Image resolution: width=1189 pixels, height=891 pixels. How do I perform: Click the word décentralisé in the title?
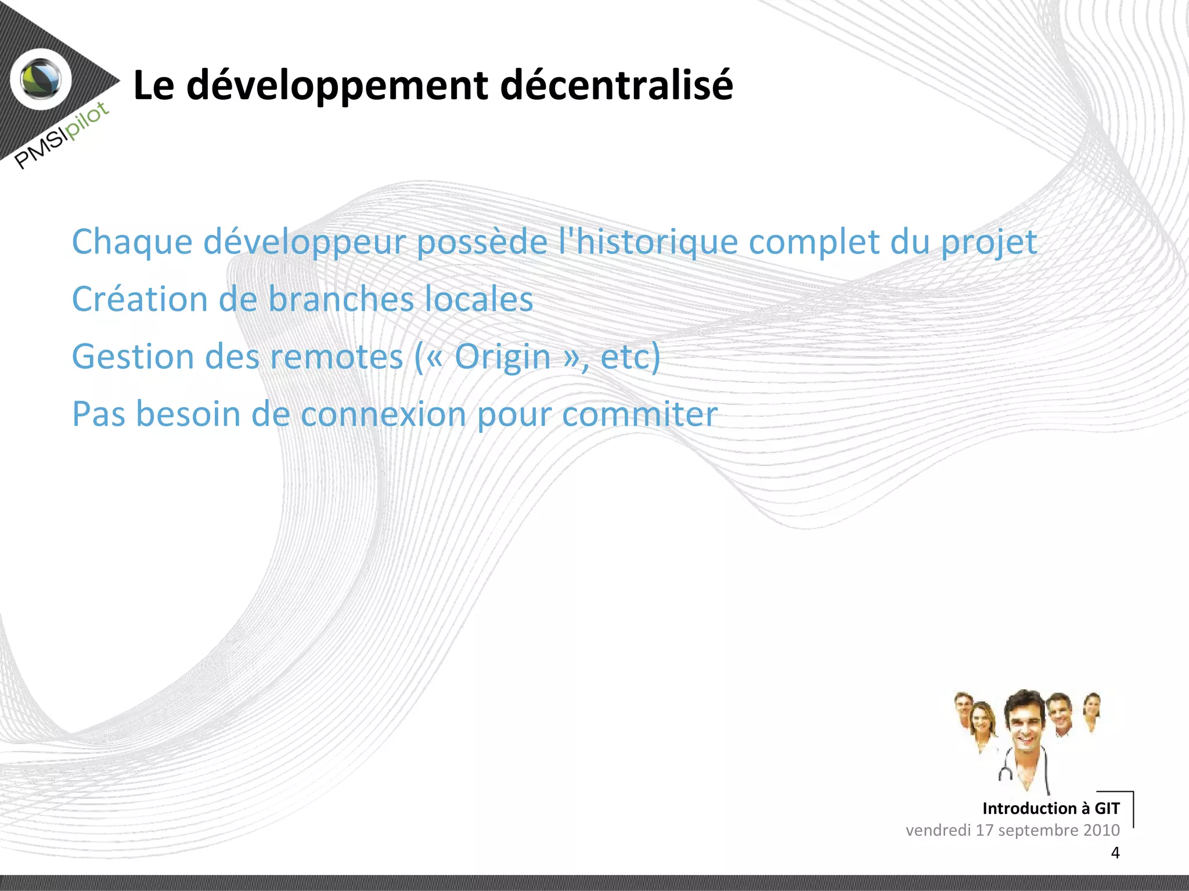pos(616,85)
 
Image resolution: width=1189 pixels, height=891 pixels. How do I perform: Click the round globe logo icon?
pos(41,79)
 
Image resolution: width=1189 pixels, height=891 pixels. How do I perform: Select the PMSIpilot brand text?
pos(62,135)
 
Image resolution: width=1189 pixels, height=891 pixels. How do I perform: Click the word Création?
pos(139,299)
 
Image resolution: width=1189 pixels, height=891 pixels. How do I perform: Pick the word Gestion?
pos(133,357)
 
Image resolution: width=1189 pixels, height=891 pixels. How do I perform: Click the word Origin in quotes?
pos(502,357)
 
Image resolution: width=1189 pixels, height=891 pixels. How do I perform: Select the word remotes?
pos(337,357)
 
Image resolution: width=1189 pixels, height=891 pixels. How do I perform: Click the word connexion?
pos(383,414)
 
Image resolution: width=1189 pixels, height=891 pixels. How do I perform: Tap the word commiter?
pos(639,414)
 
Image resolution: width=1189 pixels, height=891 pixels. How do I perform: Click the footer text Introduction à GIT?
pos(1050,808)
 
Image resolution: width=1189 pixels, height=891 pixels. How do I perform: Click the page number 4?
pos(1115,853)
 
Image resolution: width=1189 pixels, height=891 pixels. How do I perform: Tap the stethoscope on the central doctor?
pos(1006,772)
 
